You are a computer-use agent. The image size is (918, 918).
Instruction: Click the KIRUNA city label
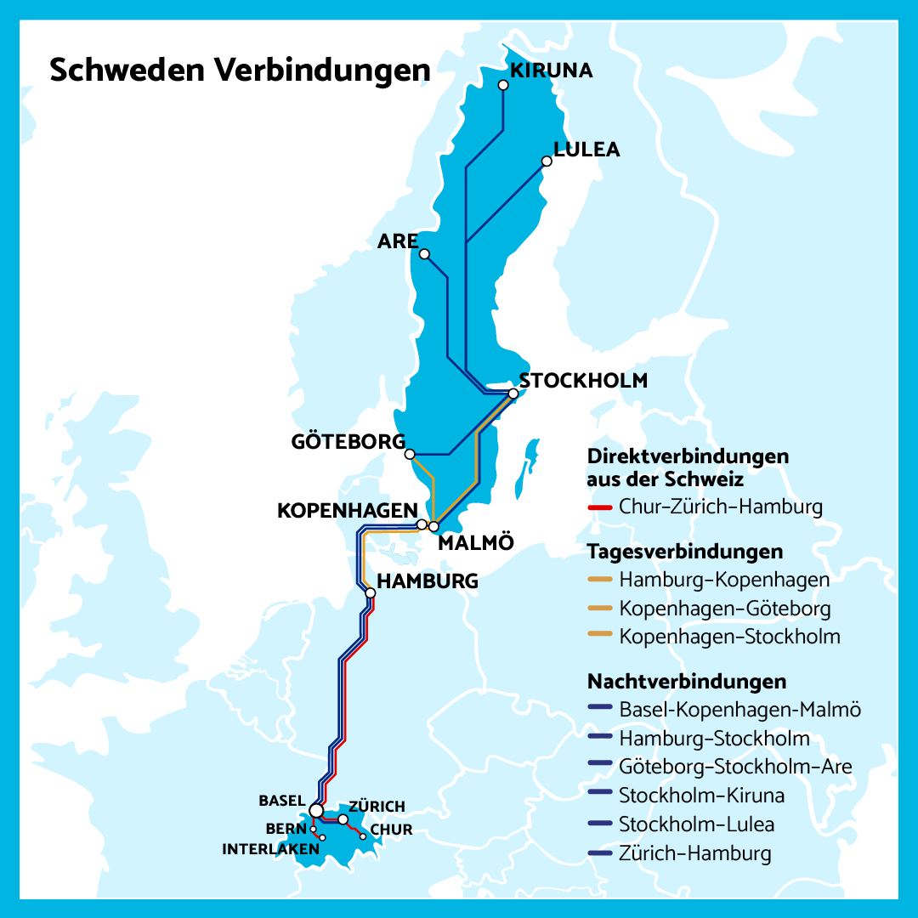551,70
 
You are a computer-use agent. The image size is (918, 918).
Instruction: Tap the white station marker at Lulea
547,161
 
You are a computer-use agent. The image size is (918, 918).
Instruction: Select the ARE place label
398,241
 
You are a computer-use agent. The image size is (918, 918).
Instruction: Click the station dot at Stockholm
513,394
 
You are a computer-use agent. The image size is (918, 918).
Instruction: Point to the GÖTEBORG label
348,442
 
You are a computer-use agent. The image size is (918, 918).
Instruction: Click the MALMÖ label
475,544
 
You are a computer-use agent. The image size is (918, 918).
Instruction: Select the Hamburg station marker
370,592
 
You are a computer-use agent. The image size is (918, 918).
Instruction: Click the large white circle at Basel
316,811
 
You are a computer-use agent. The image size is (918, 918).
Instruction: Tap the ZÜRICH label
377,806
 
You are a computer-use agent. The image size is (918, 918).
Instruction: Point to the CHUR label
391,830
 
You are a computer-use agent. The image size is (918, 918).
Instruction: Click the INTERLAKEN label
270,848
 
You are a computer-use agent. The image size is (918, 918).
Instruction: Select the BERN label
280,828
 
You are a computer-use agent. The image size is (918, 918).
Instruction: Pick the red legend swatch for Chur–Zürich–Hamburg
600,507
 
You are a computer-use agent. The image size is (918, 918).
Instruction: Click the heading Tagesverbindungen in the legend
684,552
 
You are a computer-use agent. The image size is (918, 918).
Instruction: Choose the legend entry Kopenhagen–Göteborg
725,609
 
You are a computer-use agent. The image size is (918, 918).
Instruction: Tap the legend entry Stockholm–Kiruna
701,796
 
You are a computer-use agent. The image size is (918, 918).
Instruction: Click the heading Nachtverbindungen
686,682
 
